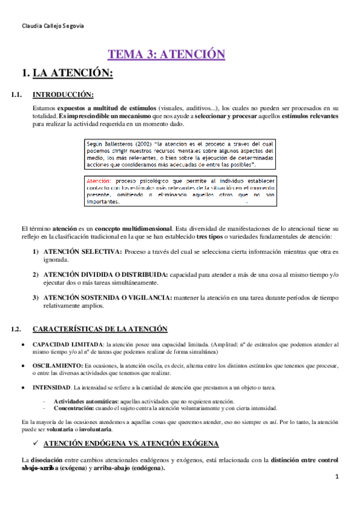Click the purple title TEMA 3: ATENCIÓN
[x=166, y=55]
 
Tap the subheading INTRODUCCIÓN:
[x=63, y=94]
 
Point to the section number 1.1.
[x=17, y=94]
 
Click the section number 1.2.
[x=17, y=328]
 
